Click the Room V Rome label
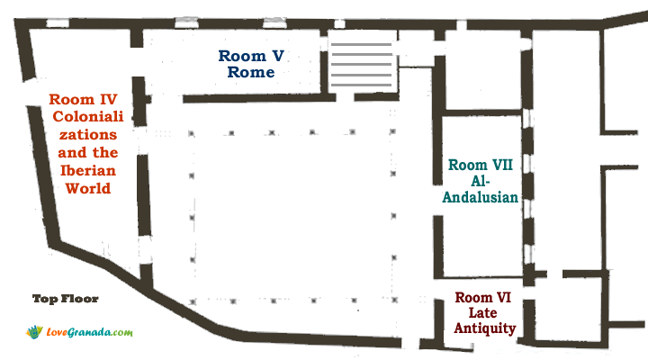[251, 64]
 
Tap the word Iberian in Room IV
[88, 170]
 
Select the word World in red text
[88, 188]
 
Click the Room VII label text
[481, 165]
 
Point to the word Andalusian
[481, 197]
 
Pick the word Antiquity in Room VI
[485, 328]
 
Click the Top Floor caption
[66, 299]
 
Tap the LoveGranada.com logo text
[90, 332]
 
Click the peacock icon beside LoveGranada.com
[34, 332]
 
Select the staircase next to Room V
[361, 64]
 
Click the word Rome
[251, 72]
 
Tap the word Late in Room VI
[482, 313]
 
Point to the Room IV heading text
[83, 100]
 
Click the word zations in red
[88, 135]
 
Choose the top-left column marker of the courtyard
[192, 133]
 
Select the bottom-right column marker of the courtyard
[395, 300]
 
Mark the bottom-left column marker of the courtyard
[193, 302]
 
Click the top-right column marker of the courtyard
[392, 131]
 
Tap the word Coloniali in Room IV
[88, 117]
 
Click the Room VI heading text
[482, 298]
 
